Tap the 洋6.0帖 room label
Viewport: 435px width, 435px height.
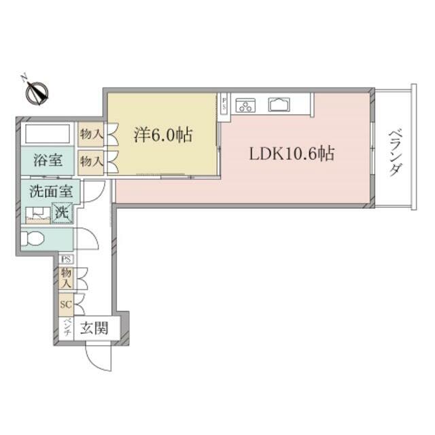163,135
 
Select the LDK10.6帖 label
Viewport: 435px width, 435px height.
292,154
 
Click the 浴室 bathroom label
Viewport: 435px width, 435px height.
48,160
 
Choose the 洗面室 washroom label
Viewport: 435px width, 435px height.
51,192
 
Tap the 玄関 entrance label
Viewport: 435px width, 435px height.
94,328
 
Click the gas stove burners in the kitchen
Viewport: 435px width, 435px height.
245,105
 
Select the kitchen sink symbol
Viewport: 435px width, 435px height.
279,105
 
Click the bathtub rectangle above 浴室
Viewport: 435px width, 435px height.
48,134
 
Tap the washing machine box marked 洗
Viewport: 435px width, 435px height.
63,213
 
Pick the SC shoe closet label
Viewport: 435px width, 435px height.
66,304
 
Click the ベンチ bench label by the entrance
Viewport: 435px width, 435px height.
67,328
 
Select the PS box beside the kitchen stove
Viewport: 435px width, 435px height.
224,103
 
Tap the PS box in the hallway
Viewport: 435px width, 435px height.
67,260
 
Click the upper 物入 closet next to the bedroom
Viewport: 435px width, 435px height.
90,135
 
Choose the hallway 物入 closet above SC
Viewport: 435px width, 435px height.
67,278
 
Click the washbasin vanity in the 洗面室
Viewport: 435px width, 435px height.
38,215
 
